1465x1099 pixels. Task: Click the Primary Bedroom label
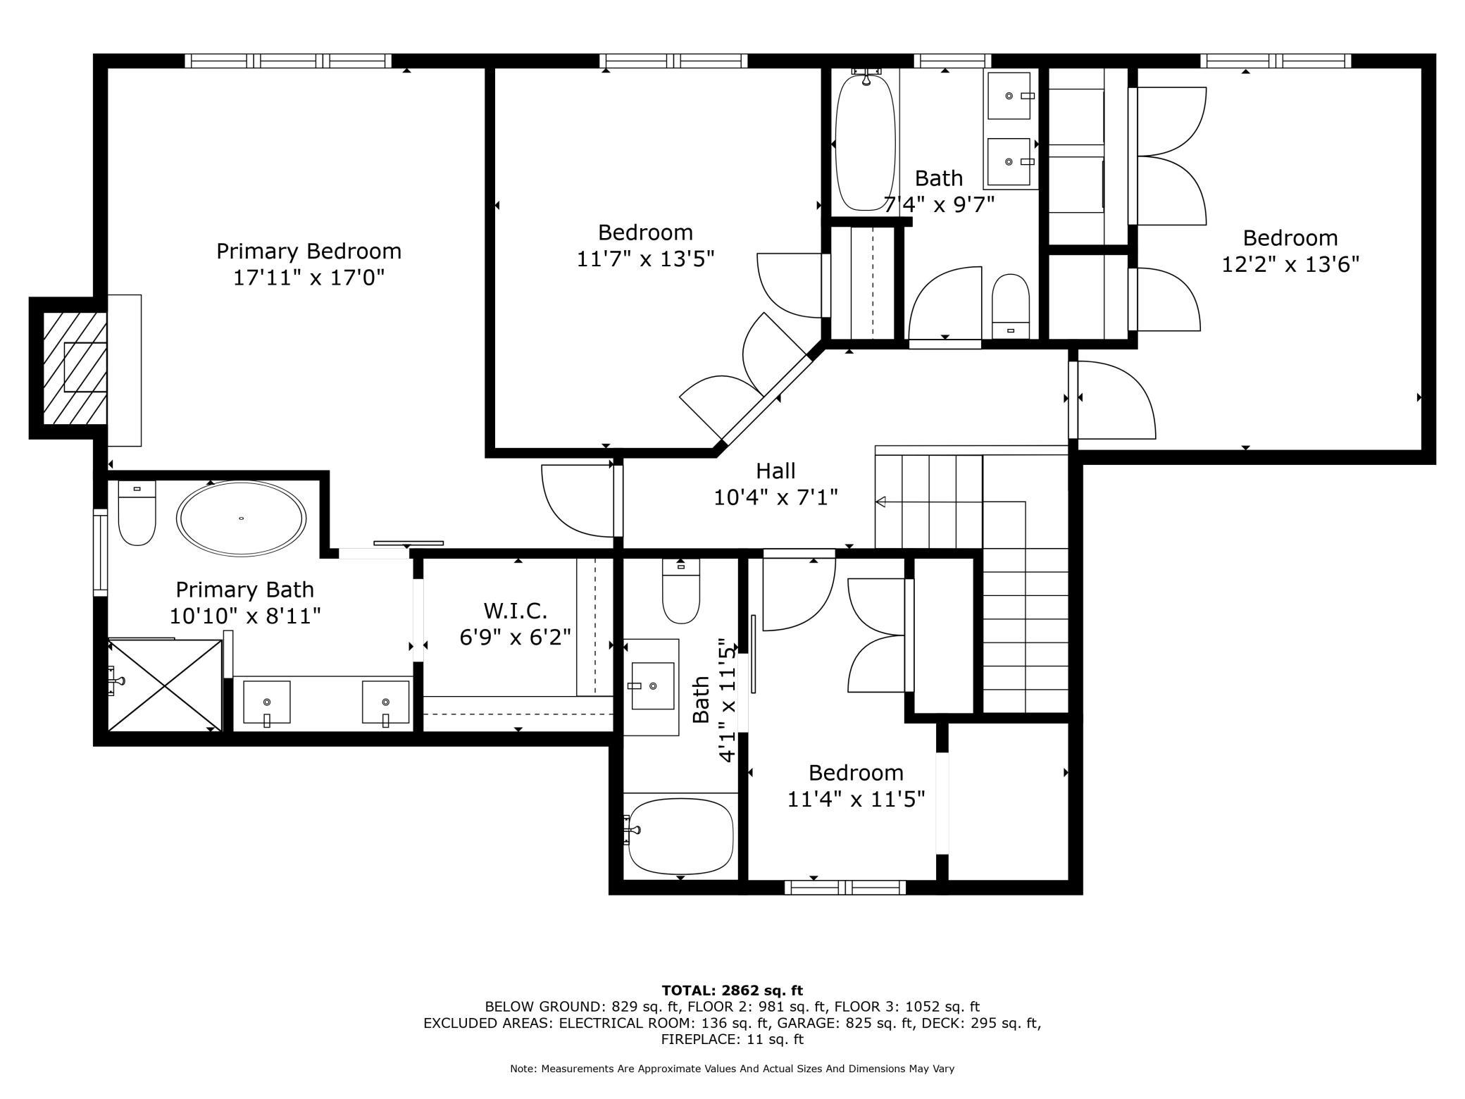(x=308, y=252)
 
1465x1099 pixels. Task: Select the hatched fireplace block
(x=75, y=368)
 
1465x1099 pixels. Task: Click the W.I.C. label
(x=515, y=610)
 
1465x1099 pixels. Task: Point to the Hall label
(x=775, y=471)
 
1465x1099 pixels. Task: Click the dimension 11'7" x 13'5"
(x=645, y=259)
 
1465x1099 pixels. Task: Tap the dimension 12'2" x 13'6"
(x=1290, y=264)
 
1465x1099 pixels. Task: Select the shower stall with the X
(x=165, y=685)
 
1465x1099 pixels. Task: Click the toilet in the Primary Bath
(x=137, y=514)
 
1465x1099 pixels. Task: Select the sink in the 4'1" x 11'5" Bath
(x=652, y=686)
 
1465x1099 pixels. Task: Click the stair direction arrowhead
(x=880, y=502)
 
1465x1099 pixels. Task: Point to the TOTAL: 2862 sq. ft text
(x=732, y=991)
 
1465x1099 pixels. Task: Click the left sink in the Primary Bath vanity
(x=266, y=702)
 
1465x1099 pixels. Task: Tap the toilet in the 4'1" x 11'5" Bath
(x=681, y=591)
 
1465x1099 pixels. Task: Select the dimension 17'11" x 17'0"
(x=308, y=278)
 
